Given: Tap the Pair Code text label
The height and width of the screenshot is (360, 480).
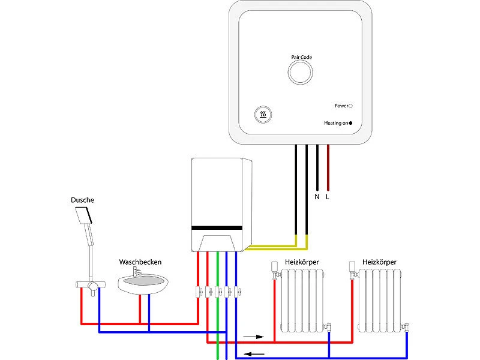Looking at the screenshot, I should [x=301, y=57].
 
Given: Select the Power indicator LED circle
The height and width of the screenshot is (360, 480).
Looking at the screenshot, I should [x=350, y=106].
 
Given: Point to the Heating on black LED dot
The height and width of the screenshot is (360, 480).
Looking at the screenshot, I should [x=350, y=122].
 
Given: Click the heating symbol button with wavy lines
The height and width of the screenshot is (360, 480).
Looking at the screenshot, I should [x=263, y=115].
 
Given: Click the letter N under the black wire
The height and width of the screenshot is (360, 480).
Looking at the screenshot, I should [x=317, y=196].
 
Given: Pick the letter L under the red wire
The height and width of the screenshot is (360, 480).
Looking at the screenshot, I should [x=328, y=196].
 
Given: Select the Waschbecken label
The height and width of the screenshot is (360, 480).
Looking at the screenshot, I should [x=140, y=262].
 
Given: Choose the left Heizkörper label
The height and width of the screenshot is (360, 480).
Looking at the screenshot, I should [x=302, y=262].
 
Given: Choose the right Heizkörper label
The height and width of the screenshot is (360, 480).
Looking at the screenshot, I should [x=379, y=262].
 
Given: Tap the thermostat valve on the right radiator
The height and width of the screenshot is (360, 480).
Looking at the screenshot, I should [x=352, y=269].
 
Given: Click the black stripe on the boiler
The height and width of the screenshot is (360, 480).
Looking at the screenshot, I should [x=217, y=229].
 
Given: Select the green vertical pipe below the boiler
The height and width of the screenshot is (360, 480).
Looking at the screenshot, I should [x=217, y=318].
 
